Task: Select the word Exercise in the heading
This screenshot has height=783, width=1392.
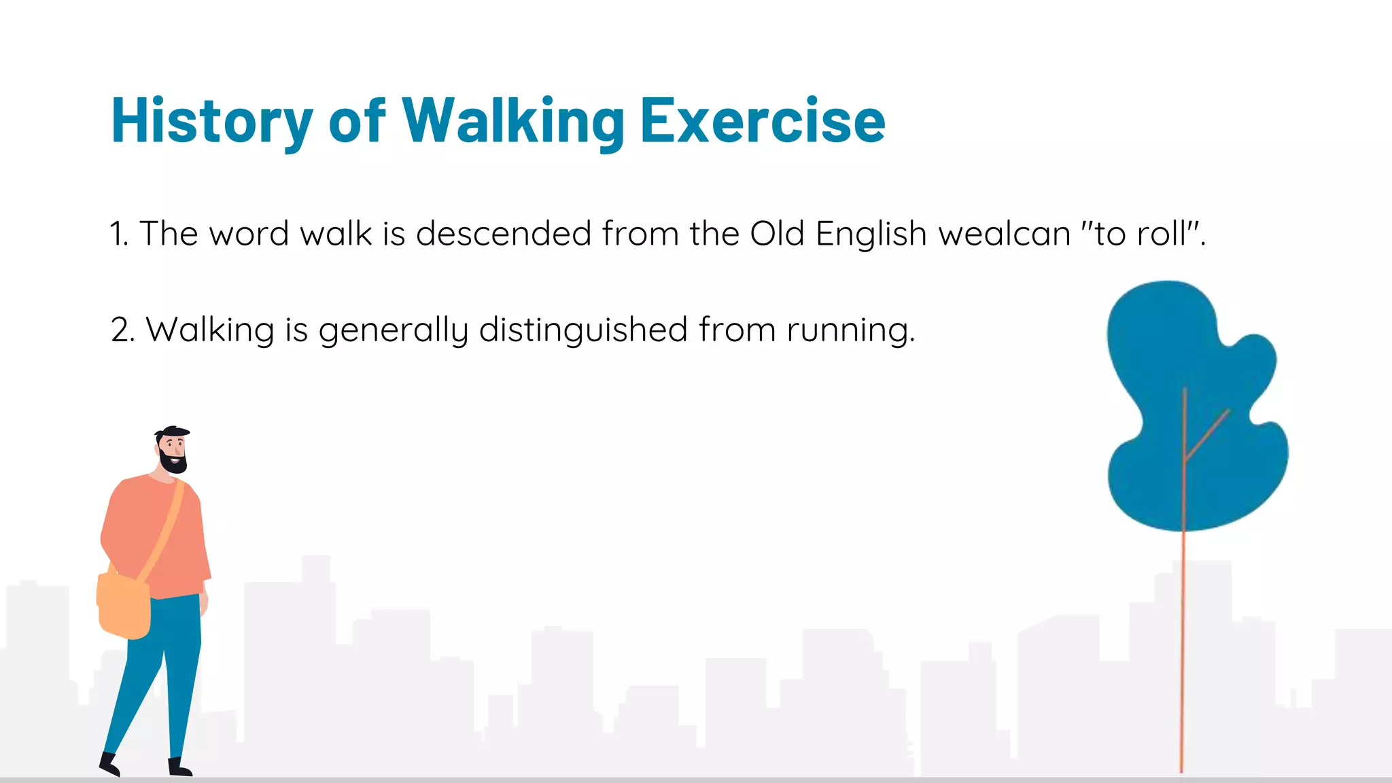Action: tap(763, 121)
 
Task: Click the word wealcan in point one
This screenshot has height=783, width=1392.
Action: tap(1005, 234)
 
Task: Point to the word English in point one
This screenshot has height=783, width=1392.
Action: tap(871, 234)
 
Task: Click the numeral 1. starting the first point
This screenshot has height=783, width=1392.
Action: tap(119, 234)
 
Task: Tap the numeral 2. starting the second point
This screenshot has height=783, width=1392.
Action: tap(123, 330)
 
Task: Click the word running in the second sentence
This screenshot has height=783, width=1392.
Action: tap(850, 330)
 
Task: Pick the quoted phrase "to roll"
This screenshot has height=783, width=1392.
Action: tap(1142, 234)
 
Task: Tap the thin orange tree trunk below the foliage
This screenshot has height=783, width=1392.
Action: tap(1183, 646)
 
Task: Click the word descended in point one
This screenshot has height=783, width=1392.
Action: tap(503, 234)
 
